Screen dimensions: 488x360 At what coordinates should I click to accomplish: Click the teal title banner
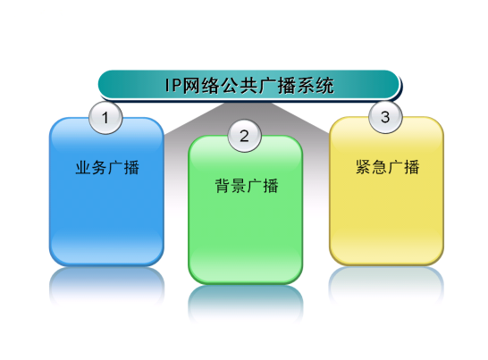(248, 85)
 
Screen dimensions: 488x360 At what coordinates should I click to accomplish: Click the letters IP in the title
(172, 85)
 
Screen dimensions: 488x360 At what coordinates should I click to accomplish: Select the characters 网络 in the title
(200, 85)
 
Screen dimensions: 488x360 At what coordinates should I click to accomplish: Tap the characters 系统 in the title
(316, 85)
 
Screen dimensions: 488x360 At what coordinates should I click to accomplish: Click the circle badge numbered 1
(105, 118)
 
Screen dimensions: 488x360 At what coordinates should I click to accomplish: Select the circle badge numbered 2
(244, 136)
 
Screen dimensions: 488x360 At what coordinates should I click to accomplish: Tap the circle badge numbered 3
(385, 117)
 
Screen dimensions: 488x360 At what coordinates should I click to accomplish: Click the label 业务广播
(107, 167)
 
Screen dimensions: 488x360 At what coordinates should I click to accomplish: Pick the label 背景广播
(247, 186)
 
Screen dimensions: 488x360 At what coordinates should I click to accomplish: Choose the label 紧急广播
(388, 167)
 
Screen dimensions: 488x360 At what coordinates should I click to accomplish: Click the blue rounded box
(106, 192)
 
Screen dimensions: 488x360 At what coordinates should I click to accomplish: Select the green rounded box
(246, 210)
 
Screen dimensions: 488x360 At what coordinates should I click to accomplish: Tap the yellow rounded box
(386, 191)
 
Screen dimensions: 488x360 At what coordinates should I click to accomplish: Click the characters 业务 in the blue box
(91, 167)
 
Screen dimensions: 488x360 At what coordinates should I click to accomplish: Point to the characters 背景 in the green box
(231, 186)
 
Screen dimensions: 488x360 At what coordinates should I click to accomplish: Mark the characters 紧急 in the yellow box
(372, 167)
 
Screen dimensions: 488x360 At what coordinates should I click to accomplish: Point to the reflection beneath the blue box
(106, 285)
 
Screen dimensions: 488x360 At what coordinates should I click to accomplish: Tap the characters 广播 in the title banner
(277, 85)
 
